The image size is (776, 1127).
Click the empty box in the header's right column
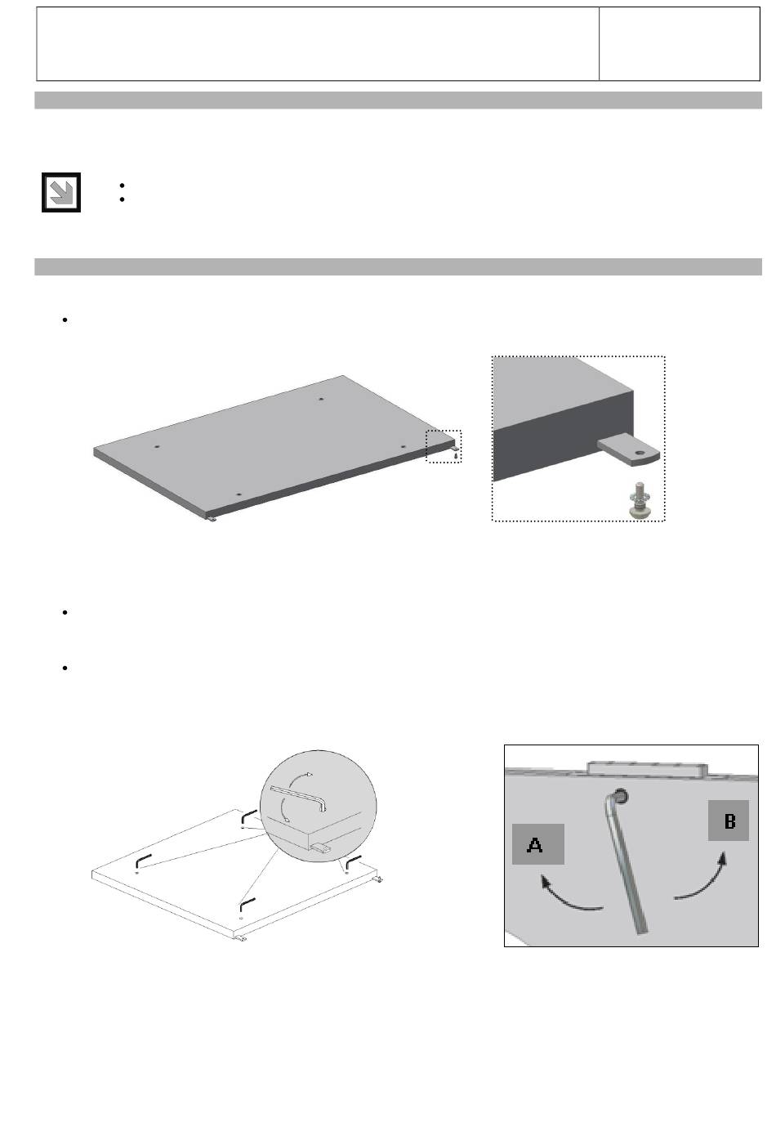(x=679, y=44)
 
